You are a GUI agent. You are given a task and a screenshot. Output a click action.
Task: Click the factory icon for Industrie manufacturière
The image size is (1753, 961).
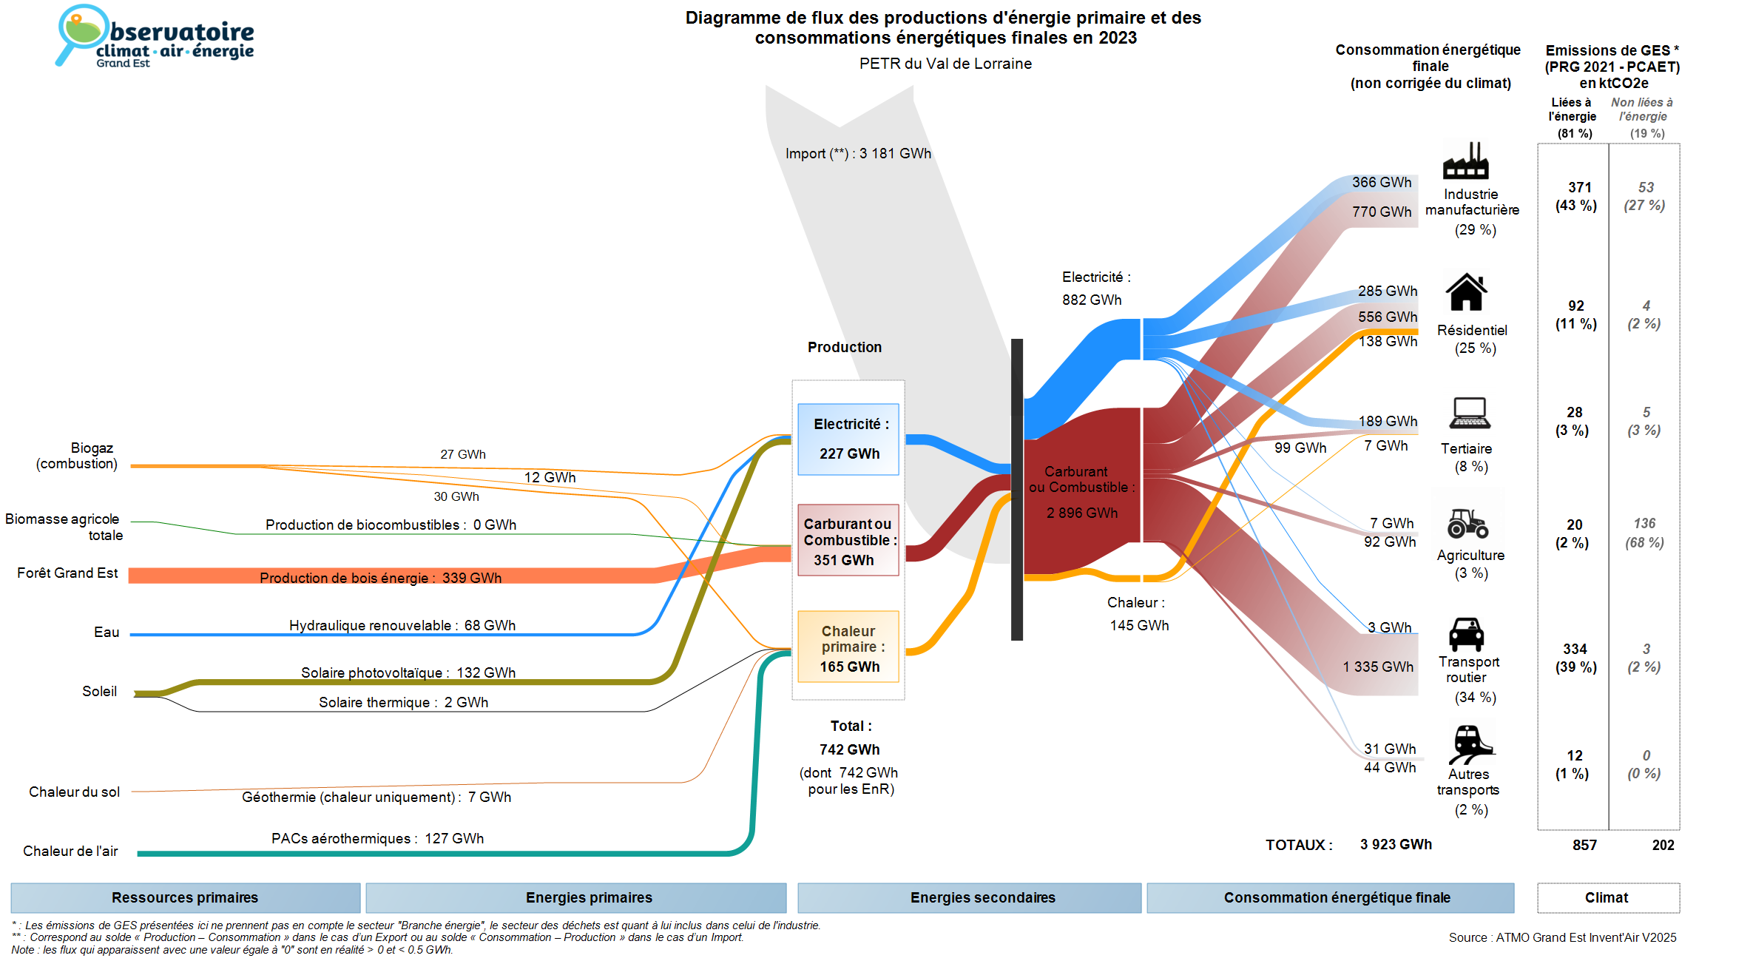click(1465, 161)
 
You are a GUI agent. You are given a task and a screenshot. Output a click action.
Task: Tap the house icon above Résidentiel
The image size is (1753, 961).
click(1466, 292)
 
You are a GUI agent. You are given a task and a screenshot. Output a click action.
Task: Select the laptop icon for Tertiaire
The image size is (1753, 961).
click(1469, 413)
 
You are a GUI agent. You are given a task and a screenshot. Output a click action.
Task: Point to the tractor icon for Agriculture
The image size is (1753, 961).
click(1467, 523)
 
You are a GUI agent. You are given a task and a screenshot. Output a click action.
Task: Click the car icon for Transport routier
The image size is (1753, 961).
click(1466, 634)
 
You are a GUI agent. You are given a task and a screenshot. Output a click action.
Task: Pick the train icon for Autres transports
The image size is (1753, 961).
click(1470, 743)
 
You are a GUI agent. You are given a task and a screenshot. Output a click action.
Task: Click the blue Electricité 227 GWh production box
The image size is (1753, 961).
click(848, 439)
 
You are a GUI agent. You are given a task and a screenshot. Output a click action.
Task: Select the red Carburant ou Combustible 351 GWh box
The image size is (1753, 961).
click(848, 541)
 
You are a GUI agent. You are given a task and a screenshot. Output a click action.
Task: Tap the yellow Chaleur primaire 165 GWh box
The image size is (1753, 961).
click(848, 647)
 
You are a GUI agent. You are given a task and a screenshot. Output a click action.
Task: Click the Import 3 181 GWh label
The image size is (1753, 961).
click(858, 153)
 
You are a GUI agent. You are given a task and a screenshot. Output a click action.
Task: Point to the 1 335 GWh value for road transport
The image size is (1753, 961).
click(1377, 667)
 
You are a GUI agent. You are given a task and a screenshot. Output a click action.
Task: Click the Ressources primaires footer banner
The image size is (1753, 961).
click(185, 897)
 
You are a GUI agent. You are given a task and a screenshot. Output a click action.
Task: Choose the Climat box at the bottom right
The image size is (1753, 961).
click(1607, 897)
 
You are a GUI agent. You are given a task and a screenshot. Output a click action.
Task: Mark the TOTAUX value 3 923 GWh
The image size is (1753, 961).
click(1395, 844)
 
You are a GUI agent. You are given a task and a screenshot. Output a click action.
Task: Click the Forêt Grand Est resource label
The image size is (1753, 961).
click(67, 573)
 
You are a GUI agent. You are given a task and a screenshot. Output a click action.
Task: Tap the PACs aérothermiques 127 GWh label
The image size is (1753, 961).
click(377, 838)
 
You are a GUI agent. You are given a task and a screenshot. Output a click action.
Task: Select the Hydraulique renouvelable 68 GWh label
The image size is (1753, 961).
click(402, 625)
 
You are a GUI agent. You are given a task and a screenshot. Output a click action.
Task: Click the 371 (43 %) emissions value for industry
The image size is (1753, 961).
click(1576, 196)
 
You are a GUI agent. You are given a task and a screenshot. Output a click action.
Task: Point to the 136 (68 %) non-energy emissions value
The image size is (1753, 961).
click(1644, 533)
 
